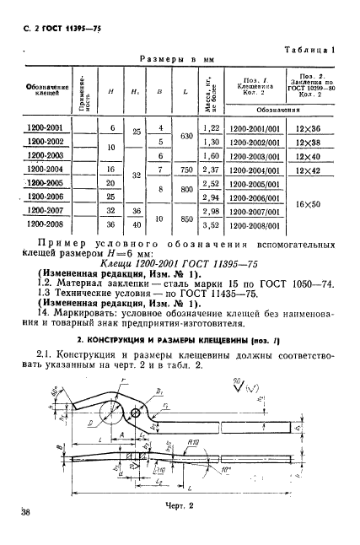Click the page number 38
tap(23, 511)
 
